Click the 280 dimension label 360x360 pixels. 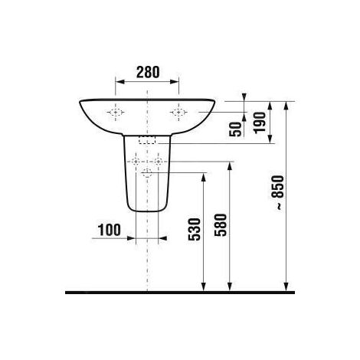pos(147,73)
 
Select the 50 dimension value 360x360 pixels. pos(236,127)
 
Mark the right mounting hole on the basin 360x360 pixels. pos(179,113)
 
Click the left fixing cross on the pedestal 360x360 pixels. pos(136,162)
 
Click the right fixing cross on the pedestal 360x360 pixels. pos(158,162)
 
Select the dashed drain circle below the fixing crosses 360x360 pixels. pos(147,175)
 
